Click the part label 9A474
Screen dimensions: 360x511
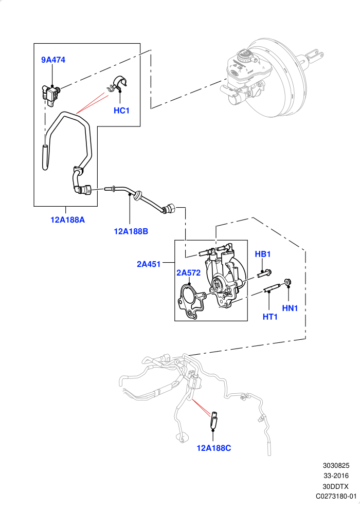[x=53, y=60]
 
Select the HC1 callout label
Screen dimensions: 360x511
[x=122, y=111]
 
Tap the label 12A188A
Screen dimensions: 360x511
[x=67, y=220]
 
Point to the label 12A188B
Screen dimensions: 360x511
[x=131, y=231]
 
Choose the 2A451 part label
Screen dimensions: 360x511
[x=149, y=264]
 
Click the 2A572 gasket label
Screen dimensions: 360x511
[x=188, y=272]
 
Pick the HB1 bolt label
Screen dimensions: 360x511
[x=263, y=254]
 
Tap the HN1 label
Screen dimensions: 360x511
[x=290, y=308]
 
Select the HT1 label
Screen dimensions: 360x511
[x=270, y=317]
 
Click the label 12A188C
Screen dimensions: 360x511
[x=214, y=448]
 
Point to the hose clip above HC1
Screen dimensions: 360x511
[x=117, y=84]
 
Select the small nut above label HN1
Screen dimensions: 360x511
[x=287, y=282]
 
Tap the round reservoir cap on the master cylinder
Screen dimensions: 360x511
[x=244, y=56]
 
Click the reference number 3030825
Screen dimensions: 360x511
[x=336, y=466]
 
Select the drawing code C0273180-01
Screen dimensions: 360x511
[x=336, y=496]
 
